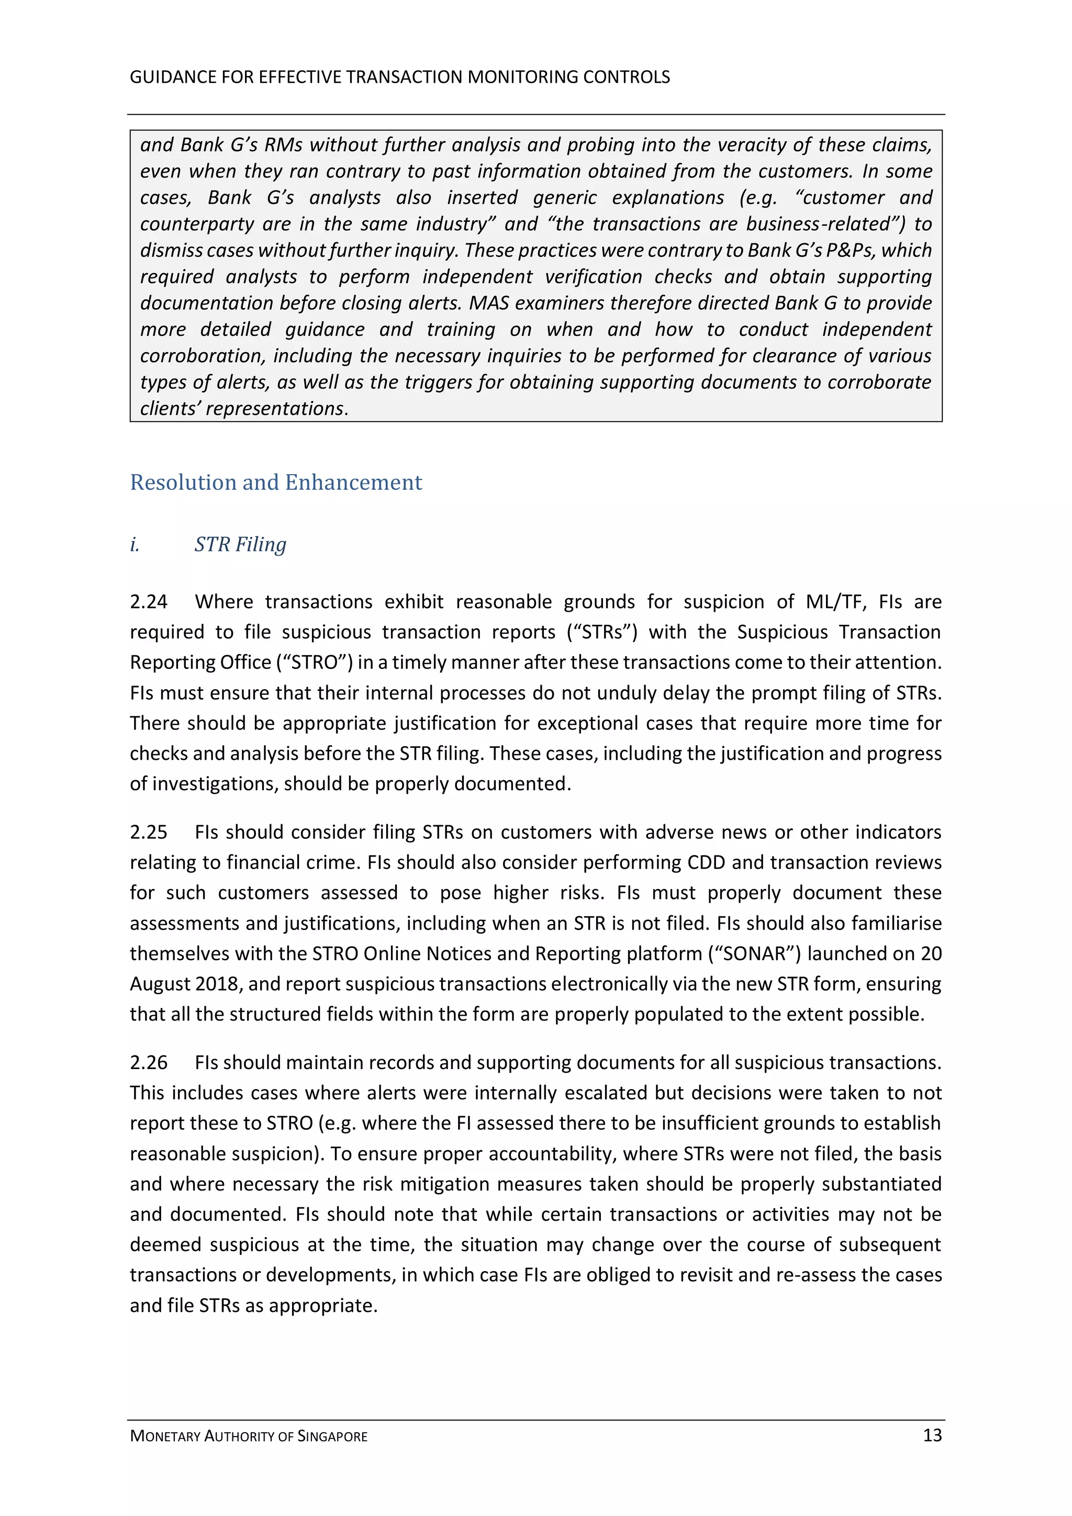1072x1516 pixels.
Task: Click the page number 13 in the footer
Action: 932,1435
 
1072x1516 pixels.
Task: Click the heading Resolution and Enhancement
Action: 275,482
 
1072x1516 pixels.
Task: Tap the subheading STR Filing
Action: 240,544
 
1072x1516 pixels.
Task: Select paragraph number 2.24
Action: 149,601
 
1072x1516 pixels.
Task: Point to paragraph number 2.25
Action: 149,832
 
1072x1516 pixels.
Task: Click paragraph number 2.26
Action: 149,1062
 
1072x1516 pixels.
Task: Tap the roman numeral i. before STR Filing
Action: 135,544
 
